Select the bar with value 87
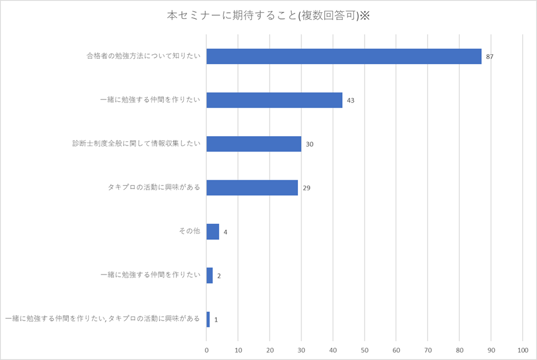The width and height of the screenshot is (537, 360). point(344,57)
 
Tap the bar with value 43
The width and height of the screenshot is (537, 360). point(274,100)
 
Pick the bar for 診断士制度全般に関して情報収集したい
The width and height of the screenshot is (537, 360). point(254,144)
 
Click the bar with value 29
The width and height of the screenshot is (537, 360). point(252,188)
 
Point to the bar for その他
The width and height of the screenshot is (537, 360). point(213,232)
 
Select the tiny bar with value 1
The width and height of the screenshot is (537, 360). point(208,319)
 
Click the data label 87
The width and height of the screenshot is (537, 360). point(490,57)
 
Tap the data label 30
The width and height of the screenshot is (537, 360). point(309,144)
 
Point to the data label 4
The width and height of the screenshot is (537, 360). point(226,232)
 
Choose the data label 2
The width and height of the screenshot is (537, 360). point(219,276)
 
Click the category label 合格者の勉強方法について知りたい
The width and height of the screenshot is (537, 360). point(143,57)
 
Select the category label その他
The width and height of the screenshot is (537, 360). point(189,232)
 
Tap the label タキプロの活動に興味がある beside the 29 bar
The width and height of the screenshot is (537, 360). point(154,188)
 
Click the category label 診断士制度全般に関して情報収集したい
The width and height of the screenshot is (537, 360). point(137,144)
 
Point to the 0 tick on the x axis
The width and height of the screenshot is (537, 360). point(207,349)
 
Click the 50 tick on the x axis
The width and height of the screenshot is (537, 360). point(364,349)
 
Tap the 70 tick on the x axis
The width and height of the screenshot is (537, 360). point(427,349)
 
